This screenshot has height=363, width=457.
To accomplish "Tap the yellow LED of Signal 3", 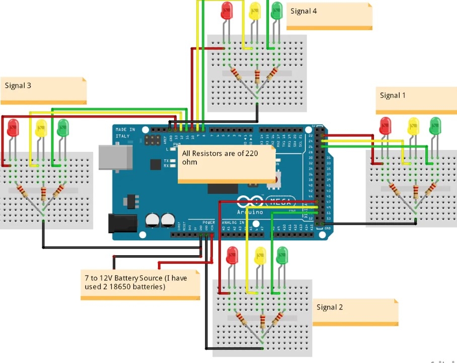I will pyautogui.click(x=41, y=128).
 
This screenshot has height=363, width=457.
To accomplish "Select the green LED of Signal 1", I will pyautogui.click(x=435, y=125).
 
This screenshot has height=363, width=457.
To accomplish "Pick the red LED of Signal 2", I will pyautogui.click(x=232, y=255).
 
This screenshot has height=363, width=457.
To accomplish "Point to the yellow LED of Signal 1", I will pyautogui.click(x=413, y=125).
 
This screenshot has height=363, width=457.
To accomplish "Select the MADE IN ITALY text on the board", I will pyautogui.click(x=125, y=133).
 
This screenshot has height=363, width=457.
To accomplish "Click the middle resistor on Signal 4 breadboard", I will pyautogui.click(x=258, y=77).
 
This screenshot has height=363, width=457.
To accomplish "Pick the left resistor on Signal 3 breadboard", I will pyautogui.click(x=23, y=192).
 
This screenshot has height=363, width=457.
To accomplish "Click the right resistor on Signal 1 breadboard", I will pyautogui.click(x=431, y=189).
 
